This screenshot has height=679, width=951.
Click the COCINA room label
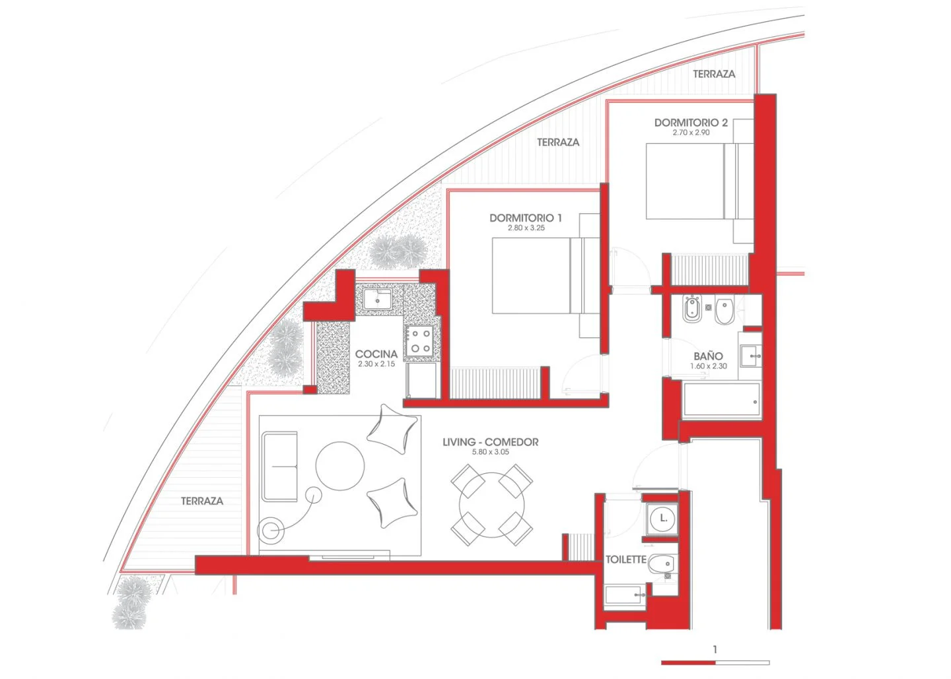376,354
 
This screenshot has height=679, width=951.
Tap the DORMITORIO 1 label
526,218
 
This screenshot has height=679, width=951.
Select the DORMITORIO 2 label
691,123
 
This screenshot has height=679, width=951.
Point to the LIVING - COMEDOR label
490,442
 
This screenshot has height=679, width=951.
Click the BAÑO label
708,356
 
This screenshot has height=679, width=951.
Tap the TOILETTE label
626,560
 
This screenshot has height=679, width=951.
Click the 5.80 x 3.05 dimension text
490,452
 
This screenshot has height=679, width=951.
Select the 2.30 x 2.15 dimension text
376,364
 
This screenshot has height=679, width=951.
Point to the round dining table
491,505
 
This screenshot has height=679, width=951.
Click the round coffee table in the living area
340,466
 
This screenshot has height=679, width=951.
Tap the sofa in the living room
279,467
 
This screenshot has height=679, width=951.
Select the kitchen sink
378,300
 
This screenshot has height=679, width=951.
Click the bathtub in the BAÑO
722,399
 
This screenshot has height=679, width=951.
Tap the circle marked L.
663,518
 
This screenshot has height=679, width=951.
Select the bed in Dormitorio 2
699,181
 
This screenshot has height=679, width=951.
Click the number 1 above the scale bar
715,649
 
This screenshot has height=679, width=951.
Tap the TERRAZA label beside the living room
202,501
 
